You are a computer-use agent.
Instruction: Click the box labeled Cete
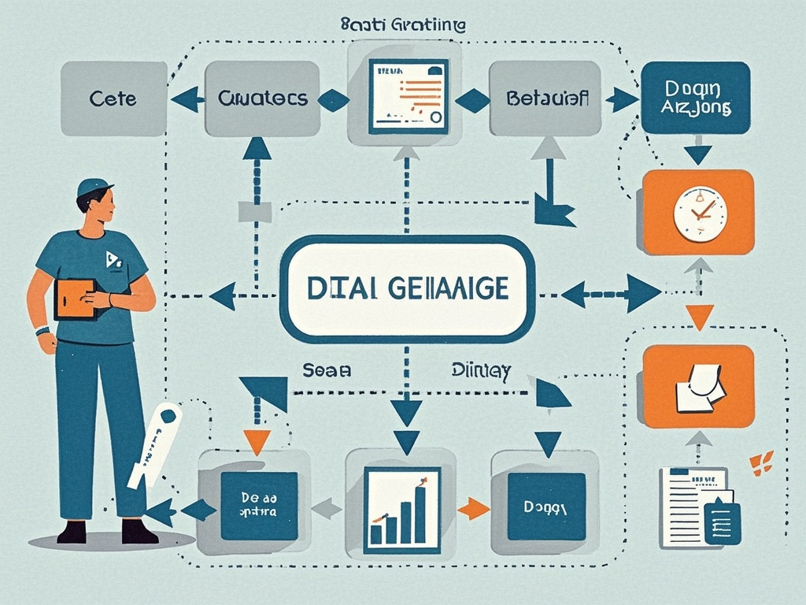pos(113,99)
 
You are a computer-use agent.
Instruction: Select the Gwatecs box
pos(262,99)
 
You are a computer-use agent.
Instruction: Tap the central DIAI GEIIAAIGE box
pos(407,288)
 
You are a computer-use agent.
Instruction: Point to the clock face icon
pos(700,213)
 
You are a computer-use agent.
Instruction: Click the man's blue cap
pos(94,187)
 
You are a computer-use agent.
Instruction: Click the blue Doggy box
pos(546,507)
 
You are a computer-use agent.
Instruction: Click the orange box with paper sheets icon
pos(698,386)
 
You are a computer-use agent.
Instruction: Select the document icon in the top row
pos(408,95)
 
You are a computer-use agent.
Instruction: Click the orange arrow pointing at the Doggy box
pos(473,508)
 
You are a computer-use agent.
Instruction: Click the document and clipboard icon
pos(700,507)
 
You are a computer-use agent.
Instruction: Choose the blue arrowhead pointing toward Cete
pos(187,99)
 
